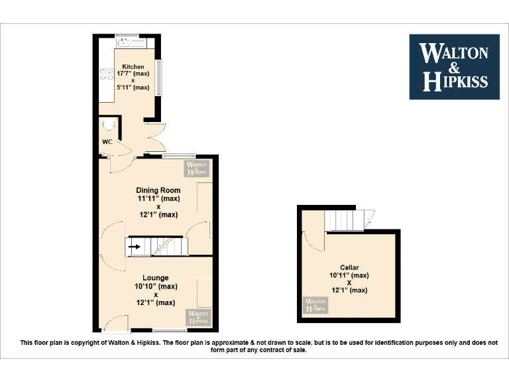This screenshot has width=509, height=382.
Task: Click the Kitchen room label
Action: pos(133,66)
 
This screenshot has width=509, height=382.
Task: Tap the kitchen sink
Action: pos(125,42)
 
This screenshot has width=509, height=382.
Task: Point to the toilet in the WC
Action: pos(108,125)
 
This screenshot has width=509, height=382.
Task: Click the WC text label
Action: pos(107,142)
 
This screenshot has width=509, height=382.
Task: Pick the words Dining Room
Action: pos(158,190)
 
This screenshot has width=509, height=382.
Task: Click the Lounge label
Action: pos(155,278)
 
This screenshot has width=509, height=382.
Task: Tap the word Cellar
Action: pos(349,267)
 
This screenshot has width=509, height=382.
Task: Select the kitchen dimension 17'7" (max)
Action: pos(133,74)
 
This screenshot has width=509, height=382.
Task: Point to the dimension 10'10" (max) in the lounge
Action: pos(156,286)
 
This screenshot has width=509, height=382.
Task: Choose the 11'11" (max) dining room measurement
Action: pos(158,198)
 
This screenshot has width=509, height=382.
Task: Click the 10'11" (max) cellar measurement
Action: pos(349,275)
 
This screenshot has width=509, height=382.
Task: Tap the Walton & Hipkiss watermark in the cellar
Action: pos(316,306)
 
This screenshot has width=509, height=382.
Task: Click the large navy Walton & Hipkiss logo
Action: pos(454,66)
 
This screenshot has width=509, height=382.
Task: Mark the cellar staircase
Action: pos(349,220)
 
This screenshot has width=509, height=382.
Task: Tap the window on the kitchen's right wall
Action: pos(158,77)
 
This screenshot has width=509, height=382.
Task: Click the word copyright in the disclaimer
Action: pos(81,343)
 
